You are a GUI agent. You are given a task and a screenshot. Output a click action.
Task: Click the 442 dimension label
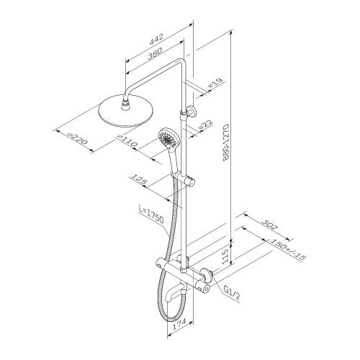point(156,39)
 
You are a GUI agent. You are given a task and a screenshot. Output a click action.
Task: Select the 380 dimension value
point(155,53)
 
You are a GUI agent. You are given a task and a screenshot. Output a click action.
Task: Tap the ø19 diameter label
point(215,83)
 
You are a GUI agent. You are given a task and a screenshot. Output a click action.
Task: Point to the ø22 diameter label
point(205,125)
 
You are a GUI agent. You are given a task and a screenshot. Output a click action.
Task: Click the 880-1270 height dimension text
point(227,143)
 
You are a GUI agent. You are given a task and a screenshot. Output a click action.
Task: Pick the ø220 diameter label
point(77,139)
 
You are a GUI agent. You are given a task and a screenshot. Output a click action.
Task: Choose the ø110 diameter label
point(127,141)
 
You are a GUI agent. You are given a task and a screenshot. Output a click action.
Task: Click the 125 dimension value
point(138,179)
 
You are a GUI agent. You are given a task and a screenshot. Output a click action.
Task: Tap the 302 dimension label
point(269,225)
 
